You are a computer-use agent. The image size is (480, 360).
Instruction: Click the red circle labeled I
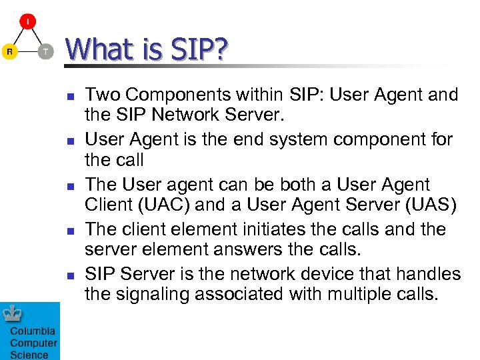[x=27, y=23]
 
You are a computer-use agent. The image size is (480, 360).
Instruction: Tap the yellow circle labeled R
[x=9, y=51]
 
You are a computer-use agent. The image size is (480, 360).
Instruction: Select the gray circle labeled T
[x=45, y=51]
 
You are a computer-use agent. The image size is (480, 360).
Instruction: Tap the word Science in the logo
[x=29, y=354]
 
